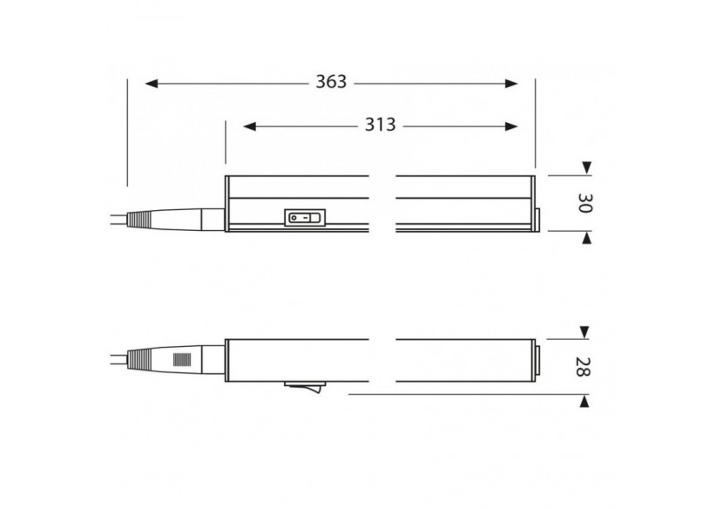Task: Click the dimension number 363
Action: [331, 82]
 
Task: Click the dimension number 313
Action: [380, 126]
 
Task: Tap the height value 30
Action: [585, 204]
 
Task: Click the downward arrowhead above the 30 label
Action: [586, 167]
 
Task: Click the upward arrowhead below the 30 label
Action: [586, 238]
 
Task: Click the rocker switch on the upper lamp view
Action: [301, 218]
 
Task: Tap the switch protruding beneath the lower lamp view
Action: [302, 386]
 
